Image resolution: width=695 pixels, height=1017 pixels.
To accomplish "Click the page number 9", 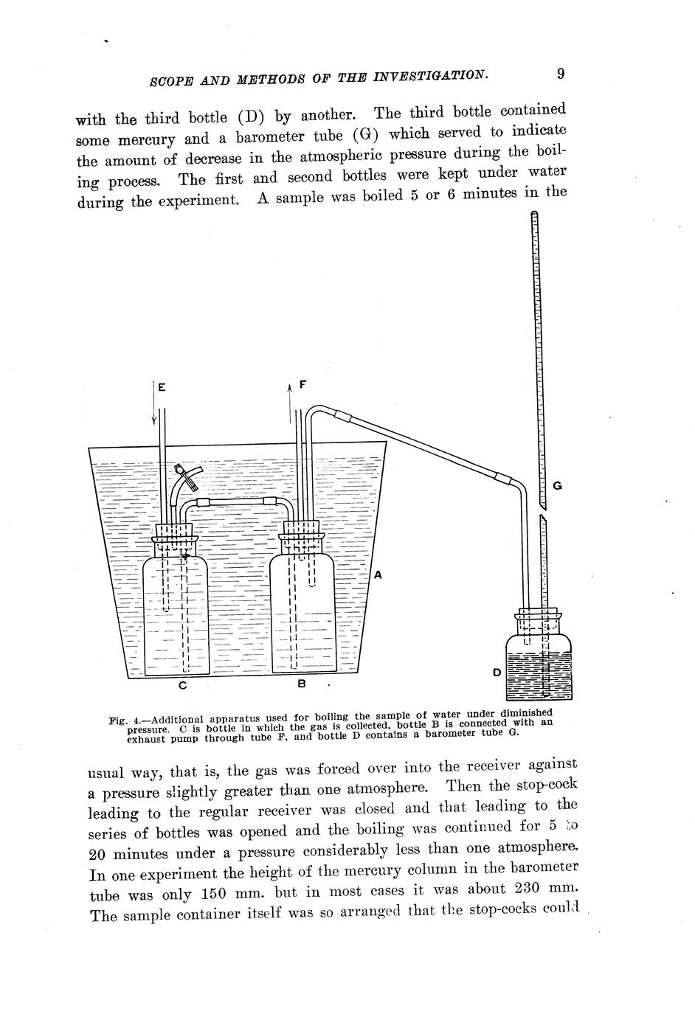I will point(561,73).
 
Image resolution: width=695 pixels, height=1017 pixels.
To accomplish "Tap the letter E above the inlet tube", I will point(162,385).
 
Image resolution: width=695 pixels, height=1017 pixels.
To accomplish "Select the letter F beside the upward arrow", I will point(302,384).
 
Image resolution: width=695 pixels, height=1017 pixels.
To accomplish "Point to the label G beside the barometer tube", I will point(558,486).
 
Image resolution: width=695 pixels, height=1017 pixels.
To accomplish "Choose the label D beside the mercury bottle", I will point(497,673).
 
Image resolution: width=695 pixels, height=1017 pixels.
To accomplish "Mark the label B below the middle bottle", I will point(301,684).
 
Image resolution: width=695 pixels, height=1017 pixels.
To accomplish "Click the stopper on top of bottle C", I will point(175,531).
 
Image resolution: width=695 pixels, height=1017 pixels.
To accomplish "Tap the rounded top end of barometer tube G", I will point(534,215).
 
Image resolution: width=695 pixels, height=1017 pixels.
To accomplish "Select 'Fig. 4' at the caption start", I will point(122,720).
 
